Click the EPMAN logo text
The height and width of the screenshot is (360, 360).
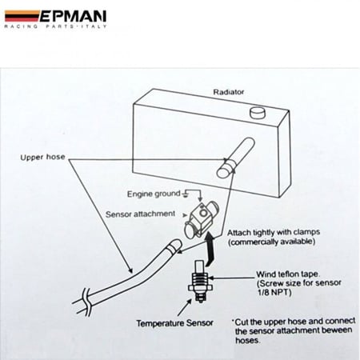point(73,16)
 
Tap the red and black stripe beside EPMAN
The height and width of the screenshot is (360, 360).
point(22,16)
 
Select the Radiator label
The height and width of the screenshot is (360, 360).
point(229,92)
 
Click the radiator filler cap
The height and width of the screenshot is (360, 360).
point(258,112)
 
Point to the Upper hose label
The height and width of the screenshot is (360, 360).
point(42,157)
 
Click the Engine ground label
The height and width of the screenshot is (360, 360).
point(154,194)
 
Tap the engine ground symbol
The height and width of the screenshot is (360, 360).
point(186,194)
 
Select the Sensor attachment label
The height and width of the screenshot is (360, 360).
point(140,214)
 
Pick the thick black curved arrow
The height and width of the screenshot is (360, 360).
point(210,249)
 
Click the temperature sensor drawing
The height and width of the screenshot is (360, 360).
point(200,281)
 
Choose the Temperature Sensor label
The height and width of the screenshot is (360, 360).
point(174,323)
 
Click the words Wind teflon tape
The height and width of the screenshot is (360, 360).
point(288,274)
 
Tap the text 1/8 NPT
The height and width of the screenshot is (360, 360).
point(274,292)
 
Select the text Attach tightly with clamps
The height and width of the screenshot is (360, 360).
point(274,233)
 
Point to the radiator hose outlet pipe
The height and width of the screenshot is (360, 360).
point(236,158)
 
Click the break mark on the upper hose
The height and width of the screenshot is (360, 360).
point(87,302)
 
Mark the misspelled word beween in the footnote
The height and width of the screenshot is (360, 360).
point(337,330)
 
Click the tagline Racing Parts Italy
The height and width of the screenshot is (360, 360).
point(55,26)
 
